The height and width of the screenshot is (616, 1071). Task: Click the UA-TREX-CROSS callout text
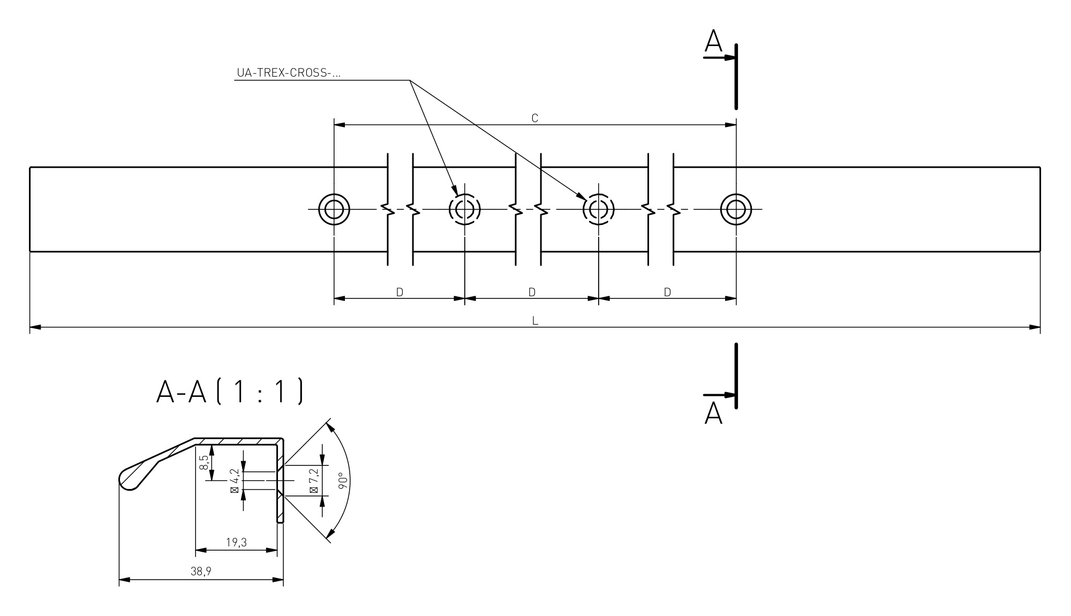[289, 73]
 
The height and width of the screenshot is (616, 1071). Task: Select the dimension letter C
[534, 118]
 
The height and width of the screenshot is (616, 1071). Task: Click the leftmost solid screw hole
[334, 209]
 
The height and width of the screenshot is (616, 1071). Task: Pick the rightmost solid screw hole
[736, 209]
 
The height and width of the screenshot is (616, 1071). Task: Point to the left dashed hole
[464, 209]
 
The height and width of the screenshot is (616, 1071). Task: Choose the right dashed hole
[598, 209]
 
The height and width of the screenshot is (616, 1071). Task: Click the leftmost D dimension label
[399, 292]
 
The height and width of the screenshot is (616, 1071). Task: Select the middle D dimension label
[532, 292]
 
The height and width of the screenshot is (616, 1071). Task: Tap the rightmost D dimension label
[667, 292]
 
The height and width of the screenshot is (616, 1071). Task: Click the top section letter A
[713, 41]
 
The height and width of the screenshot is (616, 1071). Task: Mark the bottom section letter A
[713, 414]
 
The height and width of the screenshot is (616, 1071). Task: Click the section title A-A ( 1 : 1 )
[230, 392]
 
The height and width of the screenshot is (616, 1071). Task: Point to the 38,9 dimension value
[201, 572]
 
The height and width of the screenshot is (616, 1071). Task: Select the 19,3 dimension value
[236, 542]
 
